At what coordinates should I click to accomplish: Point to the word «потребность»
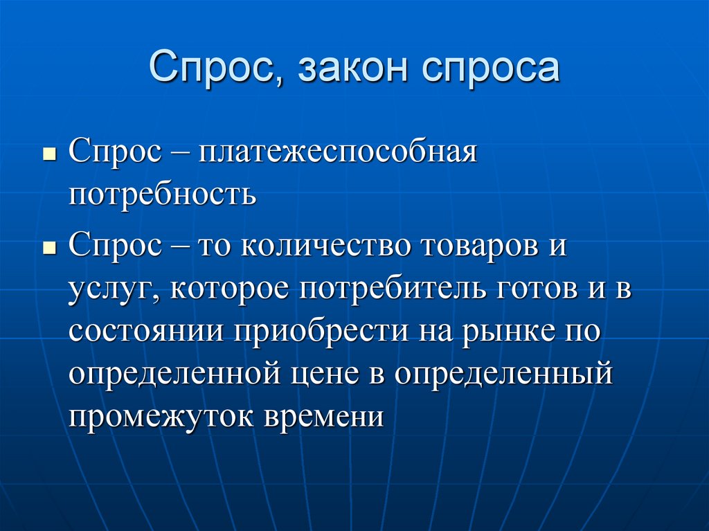tap(162, 195)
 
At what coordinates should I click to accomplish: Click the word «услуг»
tap(111, 289)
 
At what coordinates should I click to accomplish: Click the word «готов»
tap(527, 288)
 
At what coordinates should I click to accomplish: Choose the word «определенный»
tap(504, 374)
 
